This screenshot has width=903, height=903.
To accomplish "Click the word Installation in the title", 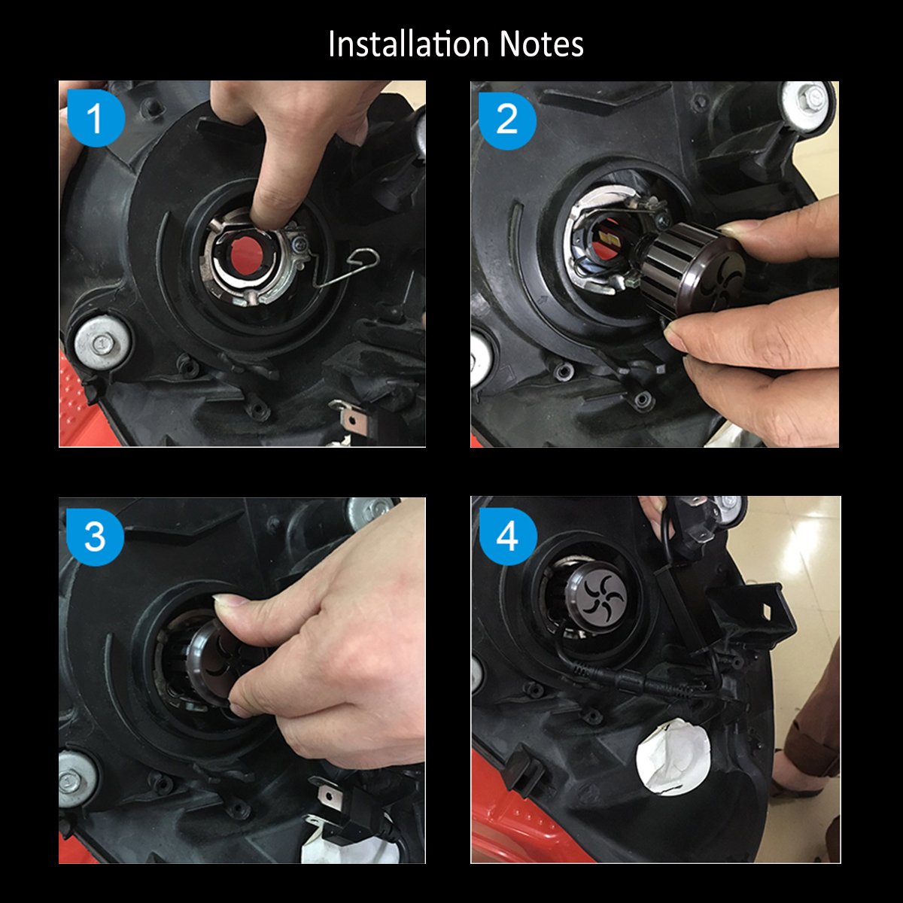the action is (409, 44).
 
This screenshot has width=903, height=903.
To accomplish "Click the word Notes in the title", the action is (541, 44).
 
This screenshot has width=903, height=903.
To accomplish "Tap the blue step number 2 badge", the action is (507, 120).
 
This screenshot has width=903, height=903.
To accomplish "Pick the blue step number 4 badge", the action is (508, 536).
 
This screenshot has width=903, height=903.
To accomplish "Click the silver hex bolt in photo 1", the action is (102, 343).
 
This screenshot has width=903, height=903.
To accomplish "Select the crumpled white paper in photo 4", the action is (673, 758).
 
